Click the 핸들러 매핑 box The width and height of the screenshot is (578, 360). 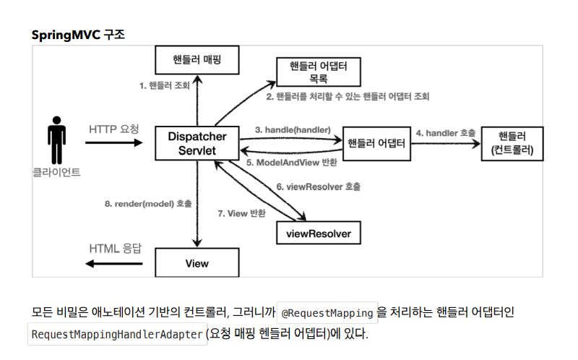pyautogui.click(x=197, y=61)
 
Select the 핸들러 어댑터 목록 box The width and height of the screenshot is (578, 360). pyautogui.click(x=319, y=72)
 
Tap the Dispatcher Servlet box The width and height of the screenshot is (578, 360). pyautogui.click(x=197, y=143)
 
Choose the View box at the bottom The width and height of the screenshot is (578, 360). pyautogui.click(x=197, y=263)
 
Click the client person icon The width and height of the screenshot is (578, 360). pyautogui.click(x=56, y=141)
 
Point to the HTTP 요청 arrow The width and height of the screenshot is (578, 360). pyautogui.click(x=114, y=143)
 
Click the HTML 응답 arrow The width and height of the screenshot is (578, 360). pyautogui.click(x=114, y=263)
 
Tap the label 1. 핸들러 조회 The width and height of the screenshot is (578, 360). pyautogui.click(x=165, y=85)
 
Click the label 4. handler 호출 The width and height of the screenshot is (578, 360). pyautogui.click(x=446, y=133)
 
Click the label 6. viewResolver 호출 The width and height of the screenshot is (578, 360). pyautogui.click(x=319, y=187)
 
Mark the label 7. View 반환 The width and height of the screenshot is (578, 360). pyautogui.click(x=242, y=213)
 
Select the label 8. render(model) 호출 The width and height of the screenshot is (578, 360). pyautogui.click(x=148, y=204)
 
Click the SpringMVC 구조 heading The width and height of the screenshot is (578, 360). pyautogui.click(x=78, y=35)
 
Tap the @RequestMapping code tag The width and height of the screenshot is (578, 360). pyautogui.click(x=327, y=313)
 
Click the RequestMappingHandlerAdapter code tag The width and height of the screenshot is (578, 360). pyautogui.click(x=117, y=335)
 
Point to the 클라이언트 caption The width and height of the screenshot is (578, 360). pyautogui.click(x=56, y=173)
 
